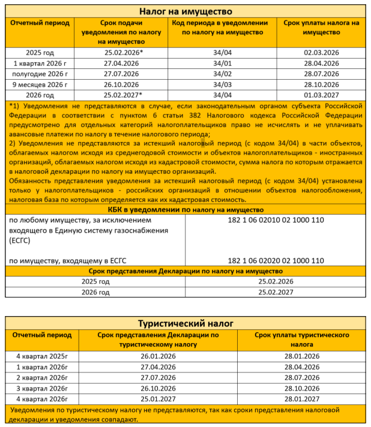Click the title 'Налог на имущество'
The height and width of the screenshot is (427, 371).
pyautogui.click(x=185, y=11)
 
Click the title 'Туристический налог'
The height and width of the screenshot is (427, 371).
pyautogui.click(x=185, y=323)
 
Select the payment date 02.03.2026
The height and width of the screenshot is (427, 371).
pyautogui.click(x=321, y=53)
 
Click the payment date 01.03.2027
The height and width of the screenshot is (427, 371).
pyautogui.click(x=321, y=95)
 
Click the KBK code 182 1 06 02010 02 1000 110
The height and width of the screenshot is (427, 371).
pyautogui.click(x=276, y=220)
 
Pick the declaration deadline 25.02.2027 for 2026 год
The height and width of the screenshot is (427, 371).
pyautogui.click(x=276, y=292)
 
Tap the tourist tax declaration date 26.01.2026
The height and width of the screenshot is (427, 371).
pyautogui.click(x=158, y=356)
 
